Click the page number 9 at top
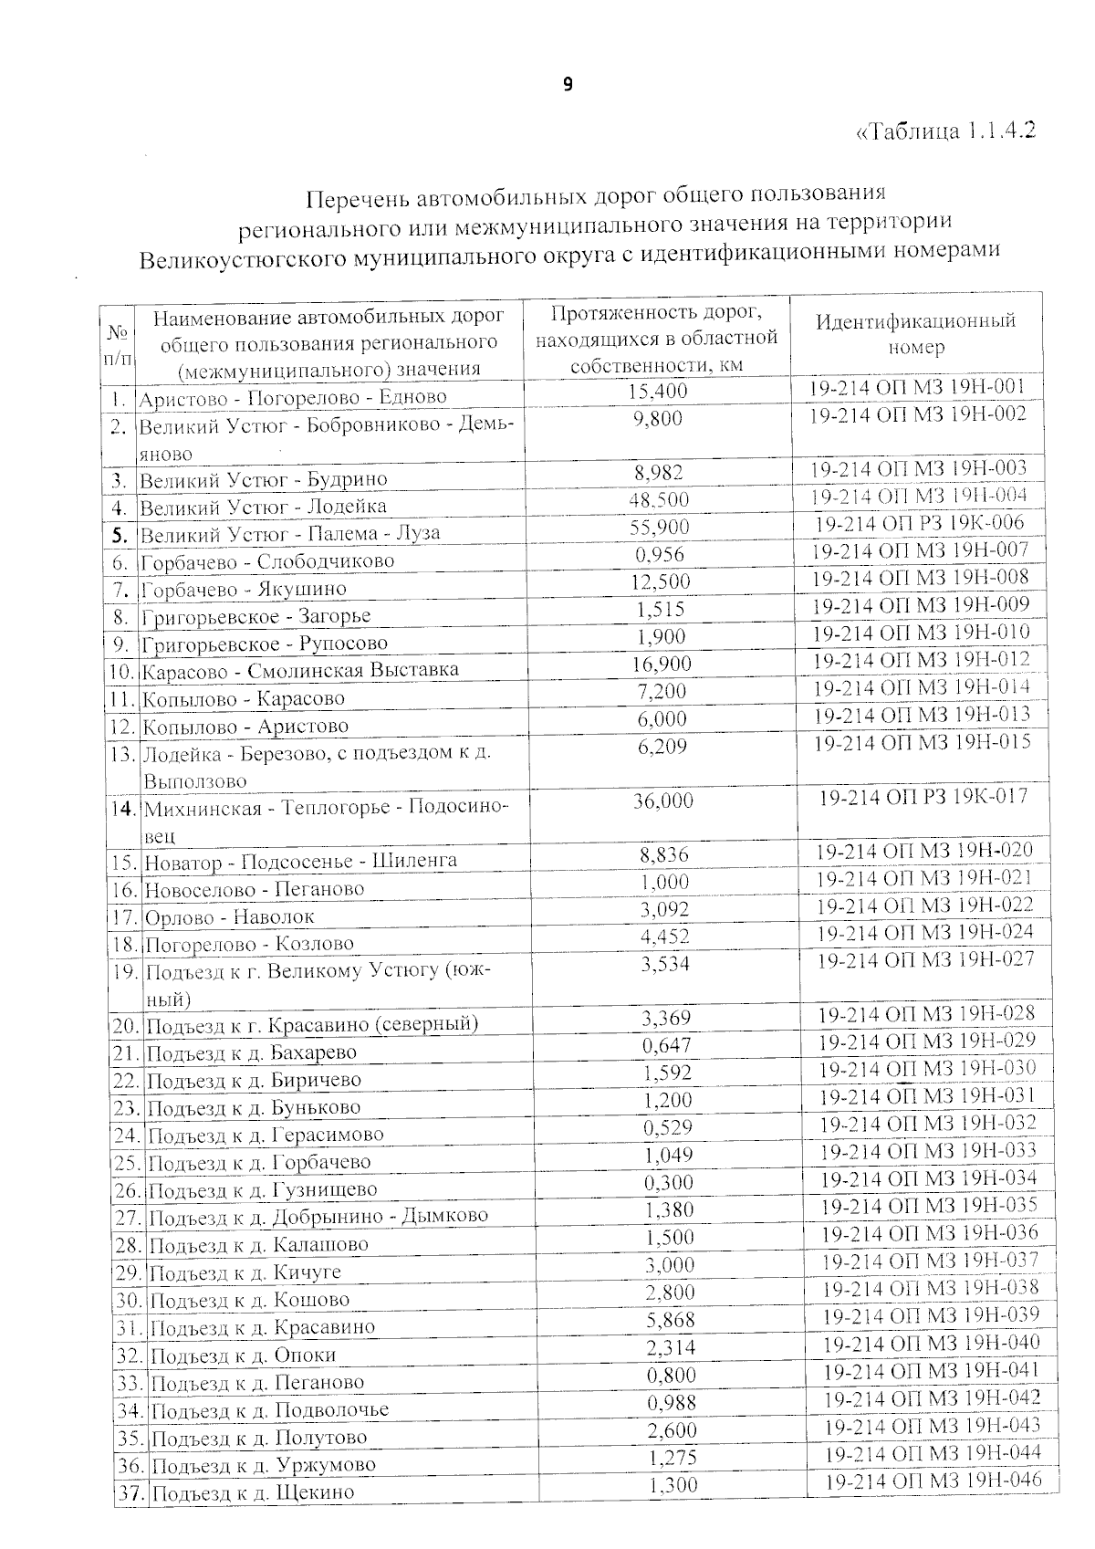coord(568,85)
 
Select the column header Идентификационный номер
coord(915,334)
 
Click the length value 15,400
coord(657,392)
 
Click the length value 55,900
coord(659,527)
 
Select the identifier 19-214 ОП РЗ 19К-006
coord(919,523)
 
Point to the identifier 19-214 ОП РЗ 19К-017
coord(923,797)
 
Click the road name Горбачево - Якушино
coord(244,590)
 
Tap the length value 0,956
coord(659,554)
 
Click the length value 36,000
coord(662,801)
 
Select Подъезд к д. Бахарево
coord(252,1052)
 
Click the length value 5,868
coord(670,1319)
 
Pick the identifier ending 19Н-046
coord(933,1480)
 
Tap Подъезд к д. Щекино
coord(253,1493)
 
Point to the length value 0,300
coord(668,1182)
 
